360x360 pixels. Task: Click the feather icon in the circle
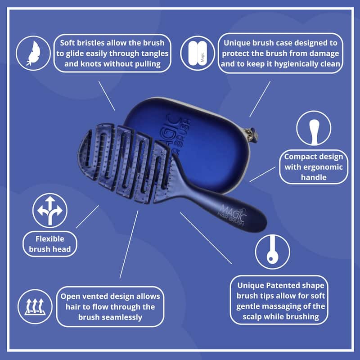click(33, 53)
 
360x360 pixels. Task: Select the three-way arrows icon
click(50, 210)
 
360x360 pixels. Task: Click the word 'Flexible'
click(50, 238)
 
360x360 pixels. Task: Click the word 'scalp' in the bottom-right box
click(249, 316)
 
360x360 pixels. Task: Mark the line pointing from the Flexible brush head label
click(87, 216)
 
